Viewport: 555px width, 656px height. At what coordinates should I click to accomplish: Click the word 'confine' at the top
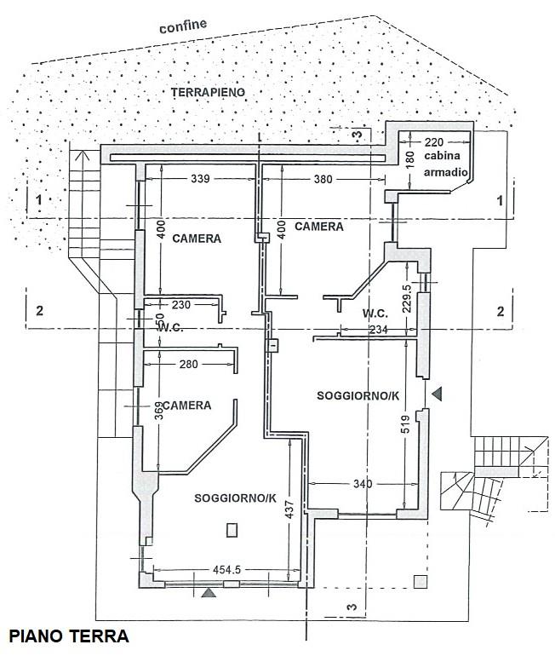click(182, 26)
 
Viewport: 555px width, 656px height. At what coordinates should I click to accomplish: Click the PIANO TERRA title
click(69, 636)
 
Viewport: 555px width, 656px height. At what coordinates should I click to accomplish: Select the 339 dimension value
click(201, 180)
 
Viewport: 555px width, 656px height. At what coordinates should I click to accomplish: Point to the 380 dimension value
click(323, 180)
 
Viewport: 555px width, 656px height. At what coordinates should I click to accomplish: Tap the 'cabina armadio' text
click(448, 164)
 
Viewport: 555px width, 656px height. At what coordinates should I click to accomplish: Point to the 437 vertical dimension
click(291, 509)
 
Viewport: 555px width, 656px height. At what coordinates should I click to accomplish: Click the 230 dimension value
click(181, 304)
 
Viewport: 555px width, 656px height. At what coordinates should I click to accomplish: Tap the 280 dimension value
click(188, 365)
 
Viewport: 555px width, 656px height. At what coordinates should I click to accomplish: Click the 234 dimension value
click(375, 331)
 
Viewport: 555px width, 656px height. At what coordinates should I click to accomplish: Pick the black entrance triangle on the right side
click(438, 394)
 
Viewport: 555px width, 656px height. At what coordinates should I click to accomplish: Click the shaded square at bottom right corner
click(419, 582)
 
